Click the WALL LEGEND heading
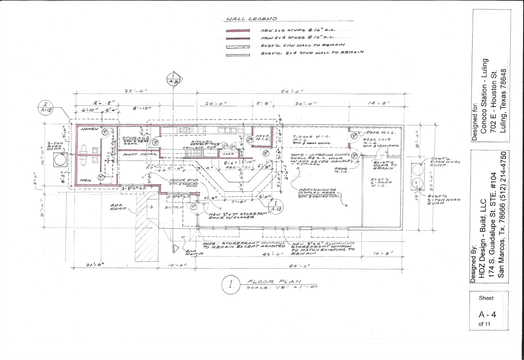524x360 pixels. coord(252,19)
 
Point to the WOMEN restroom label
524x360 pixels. coord(89,129)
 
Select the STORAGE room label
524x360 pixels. coord(135,138)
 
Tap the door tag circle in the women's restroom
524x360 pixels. coord(105,132)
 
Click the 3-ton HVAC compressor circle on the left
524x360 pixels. coord(60,161)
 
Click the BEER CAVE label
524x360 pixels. coord(376,140)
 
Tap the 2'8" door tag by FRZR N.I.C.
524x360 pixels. coord(251,139)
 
